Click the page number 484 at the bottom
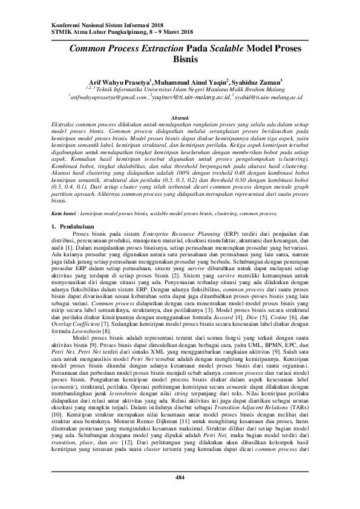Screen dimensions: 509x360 click(180, 478)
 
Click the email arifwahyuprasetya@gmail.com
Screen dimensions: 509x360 click(108, 96)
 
